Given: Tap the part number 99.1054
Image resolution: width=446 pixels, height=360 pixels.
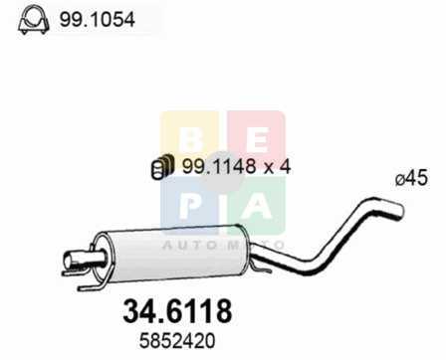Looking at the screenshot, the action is click(98, 20).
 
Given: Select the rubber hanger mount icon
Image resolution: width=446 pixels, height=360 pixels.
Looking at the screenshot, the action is click(162, 166).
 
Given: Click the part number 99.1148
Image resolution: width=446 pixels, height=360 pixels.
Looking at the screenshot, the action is click(219, 166).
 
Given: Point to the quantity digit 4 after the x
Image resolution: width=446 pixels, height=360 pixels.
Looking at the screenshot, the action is click(285, 166).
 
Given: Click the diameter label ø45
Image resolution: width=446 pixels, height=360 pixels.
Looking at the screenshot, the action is click(411, 179).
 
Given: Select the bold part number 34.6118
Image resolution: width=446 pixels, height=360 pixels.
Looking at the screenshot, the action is click(177, 311).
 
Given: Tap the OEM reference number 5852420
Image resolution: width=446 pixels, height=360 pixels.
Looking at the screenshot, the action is click(177, 341).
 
